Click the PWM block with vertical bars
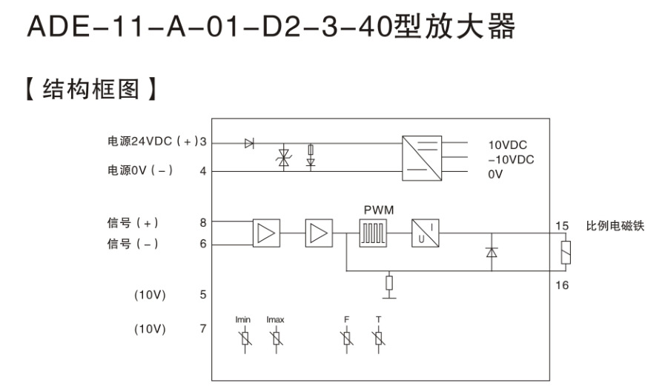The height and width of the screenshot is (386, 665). pos(374,233)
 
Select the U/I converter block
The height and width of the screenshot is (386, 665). pos(426,233)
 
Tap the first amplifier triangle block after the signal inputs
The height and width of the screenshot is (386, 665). pos(265,233)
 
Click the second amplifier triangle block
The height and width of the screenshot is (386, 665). pos(317,233)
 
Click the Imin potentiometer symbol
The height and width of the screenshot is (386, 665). pos(242,339)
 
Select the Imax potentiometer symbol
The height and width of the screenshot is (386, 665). pos(276,339)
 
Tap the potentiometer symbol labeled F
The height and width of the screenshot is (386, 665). pos(346,339)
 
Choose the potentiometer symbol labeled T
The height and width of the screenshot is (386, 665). pos(379,339)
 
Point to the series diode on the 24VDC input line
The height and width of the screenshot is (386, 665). pos(249,143)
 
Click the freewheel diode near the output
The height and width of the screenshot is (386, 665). pos(489,253)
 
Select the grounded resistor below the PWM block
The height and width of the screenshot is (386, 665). pos(388,283)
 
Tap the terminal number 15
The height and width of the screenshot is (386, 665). pos(562,225)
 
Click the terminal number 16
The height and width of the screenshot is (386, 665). pos(562,285)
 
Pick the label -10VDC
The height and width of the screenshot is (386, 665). pos(512,159)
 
